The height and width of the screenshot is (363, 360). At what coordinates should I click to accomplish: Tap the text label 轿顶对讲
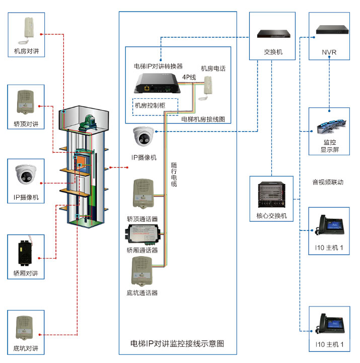26,124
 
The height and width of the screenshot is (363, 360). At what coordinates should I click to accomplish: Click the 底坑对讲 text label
26,348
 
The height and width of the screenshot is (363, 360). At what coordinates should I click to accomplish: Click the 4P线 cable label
189,77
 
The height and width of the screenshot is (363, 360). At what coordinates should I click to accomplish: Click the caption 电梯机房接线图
202,119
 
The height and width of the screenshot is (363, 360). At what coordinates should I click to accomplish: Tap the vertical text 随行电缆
174,174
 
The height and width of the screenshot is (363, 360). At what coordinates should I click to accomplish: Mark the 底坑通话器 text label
142,292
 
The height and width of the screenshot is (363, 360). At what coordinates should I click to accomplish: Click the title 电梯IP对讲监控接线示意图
177,343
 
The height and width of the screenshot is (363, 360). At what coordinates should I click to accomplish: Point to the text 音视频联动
328,182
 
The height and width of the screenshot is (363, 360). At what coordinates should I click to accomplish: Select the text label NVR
329,52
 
